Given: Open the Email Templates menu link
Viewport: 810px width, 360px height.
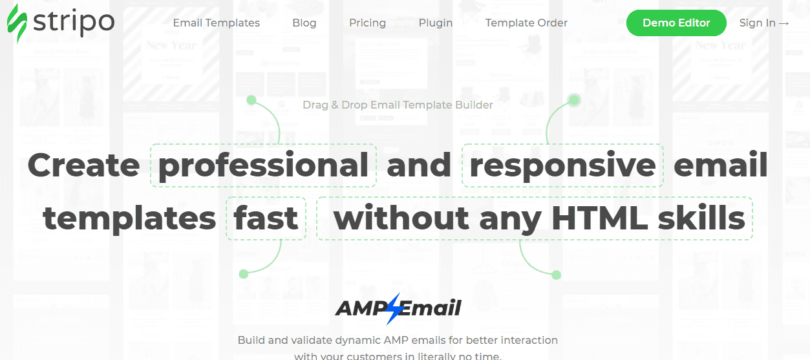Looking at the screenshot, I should (216, 23).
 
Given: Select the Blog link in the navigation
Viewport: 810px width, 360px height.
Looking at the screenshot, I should (304, 23).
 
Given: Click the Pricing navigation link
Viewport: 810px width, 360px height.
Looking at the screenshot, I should (367, 23).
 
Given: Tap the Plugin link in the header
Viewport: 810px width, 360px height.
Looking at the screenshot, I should (435, 23).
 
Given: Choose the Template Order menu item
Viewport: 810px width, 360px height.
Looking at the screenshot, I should (526, 23).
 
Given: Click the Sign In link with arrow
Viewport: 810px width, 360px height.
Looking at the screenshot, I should (764, 23).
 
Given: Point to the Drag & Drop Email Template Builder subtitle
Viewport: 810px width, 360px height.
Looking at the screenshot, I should (398, 105).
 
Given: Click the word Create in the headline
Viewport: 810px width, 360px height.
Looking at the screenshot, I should (83, 165).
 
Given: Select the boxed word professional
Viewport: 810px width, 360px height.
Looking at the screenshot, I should (263, 165).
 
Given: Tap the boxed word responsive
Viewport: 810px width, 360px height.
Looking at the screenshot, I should (562, 165).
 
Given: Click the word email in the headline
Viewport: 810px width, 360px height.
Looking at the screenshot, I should (720, 165).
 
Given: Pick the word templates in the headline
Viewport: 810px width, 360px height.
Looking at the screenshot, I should (129, 218).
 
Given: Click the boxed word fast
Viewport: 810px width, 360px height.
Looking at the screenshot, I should (266, 218).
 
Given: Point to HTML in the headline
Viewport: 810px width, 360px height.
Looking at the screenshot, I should (599, 218).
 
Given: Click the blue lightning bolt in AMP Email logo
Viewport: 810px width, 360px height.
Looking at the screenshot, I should (393, 308).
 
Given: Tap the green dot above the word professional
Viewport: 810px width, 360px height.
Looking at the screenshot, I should (251, 100).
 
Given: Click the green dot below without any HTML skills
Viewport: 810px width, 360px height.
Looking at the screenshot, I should (556, 275).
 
